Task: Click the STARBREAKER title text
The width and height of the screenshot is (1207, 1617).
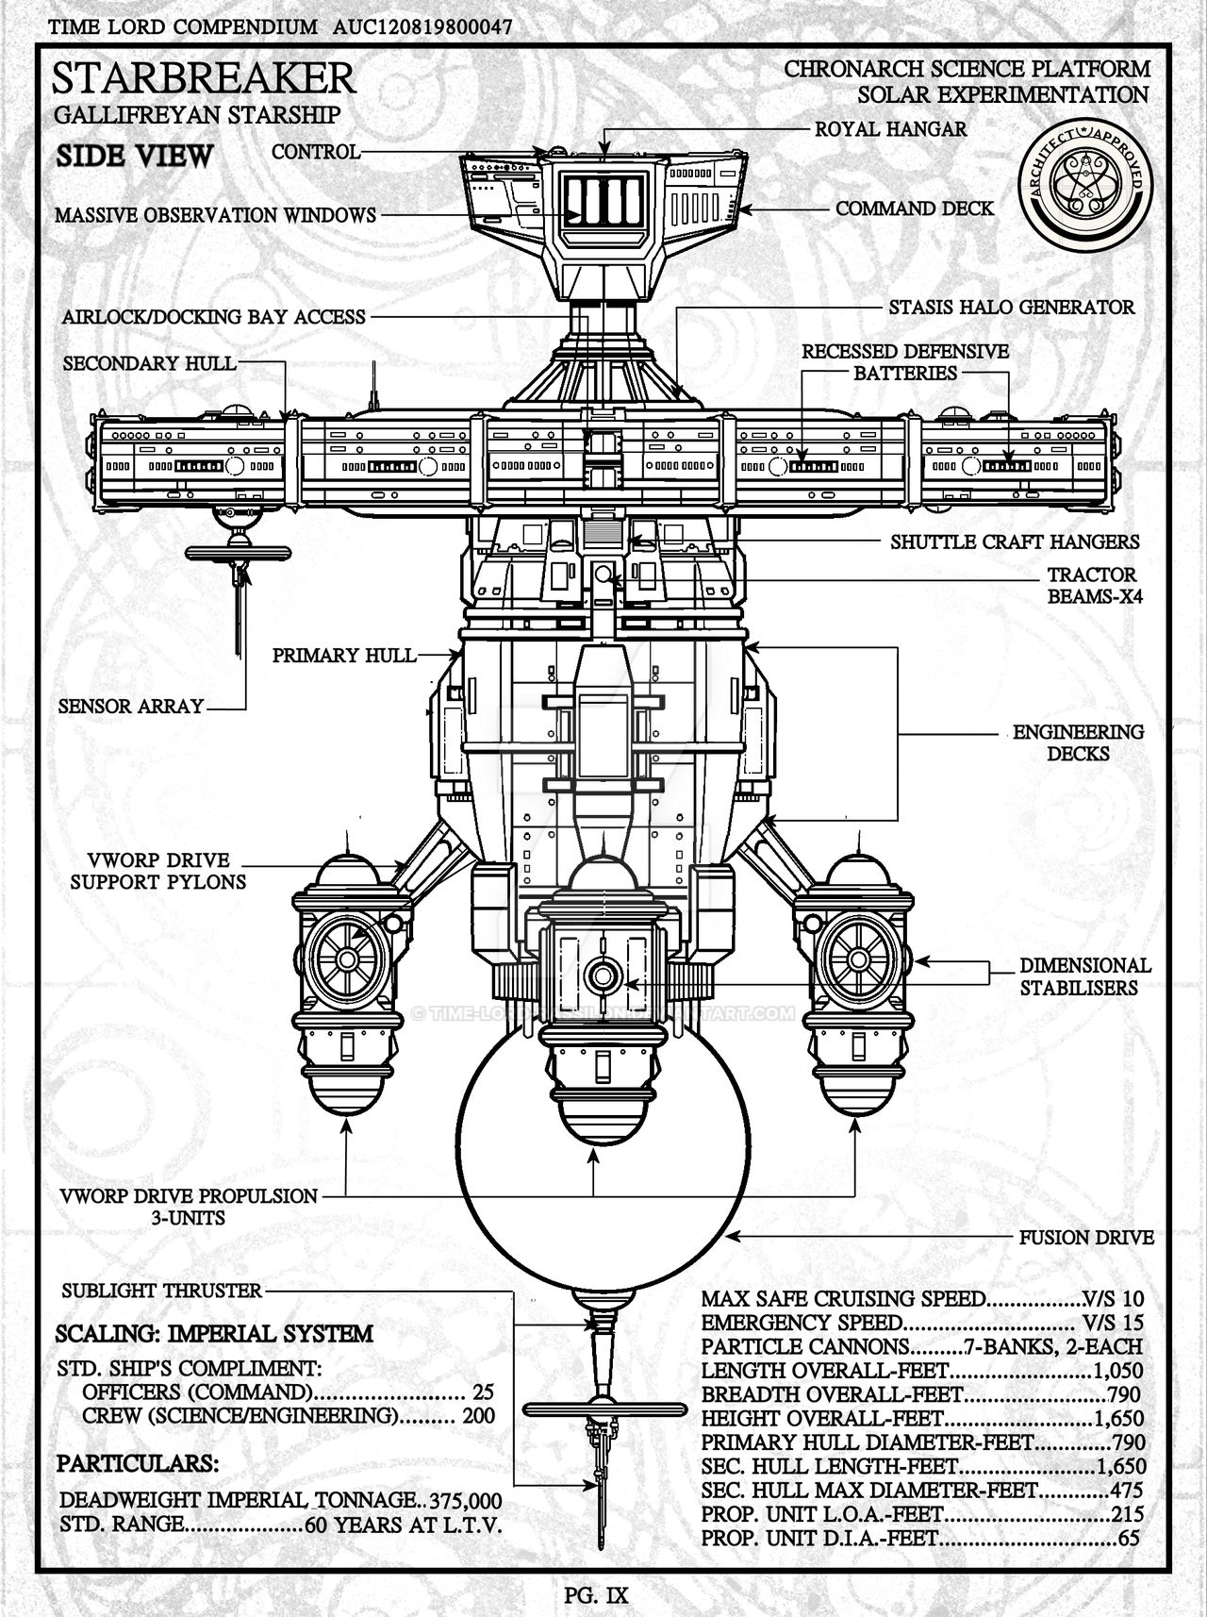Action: point(206,80)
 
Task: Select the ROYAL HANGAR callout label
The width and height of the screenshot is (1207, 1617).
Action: point(891,128)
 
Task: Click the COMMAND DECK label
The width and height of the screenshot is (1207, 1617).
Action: point(915,208)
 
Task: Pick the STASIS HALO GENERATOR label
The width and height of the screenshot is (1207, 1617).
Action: point(1012,307)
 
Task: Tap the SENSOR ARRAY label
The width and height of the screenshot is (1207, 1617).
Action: point(130,706)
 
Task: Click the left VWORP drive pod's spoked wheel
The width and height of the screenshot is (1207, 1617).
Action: point(346,959)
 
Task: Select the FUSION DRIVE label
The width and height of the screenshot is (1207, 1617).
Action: point(1086,1237)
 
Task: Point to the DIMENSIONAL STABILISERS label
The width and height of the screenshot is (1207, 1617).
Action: point(1084,976)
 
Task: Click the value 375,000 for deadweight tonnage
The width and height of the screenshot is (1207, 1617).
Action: point(465,1501)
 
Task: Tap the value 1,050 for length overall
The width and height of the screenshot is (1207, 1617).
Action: point(1118,1371)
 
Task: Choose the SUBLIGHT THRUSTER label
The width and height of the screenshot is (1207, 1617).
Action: point(160,1291)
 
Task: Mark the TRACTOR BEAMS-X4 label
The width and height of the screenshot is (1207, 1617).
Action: point(1091,585)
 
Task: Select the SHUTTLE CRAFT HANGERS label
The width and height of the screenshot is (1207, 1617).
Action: point(1015,542)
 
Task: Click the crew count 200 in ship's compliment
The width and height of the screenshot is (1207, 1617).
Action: point(477,1415)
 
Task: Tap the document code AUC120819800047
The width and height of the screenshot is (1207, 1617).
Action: point(423,27)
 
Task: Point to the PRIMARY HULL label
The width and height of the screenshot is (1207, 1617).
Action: point(343,655)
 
